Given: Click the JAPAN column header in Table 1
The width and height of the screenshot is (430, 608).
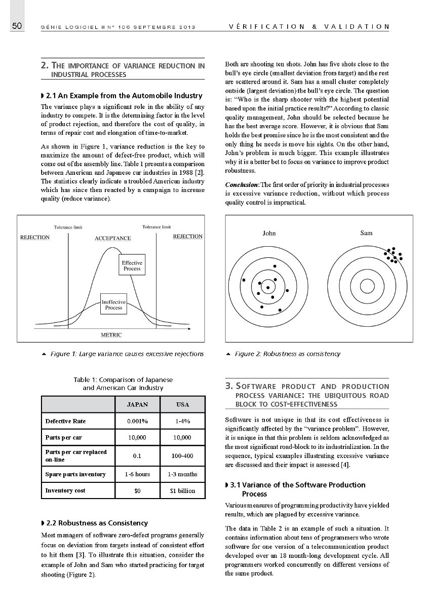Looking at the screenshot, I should pyautogui.click(x=137, y=404).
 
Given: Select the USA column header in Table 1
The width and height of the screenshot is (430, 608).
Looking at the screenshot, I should pyautogui.click(x=182, y=404).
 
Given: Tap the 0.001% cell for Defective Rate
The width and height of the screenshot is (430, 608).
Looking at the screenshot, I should pyautogui.click(x=137, y=421).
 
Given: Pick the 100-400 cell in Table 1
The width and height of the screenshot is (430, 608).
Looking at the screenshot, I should pyautogui.click(x=182, y=455).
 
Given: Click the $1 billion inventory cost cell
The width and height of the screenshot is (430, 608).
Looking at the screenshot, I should pyautogui.click(x=182, y=490).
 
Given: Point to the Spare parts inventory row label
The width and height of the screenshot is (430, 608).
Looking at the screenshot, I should pyautogui.click(x=75, y=474).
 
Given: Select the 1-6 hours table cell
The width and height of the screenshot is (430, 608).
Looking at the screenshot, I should pyautogui.click(x=137, y=474).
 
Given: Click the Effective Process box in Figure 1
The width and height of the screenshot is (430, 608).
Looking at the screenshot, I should pyautogui.click(x=132, y=265).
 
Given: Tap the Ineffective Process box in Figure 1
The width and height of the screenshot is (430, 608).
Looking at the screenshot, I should pyautogui.click(x=113, y=304).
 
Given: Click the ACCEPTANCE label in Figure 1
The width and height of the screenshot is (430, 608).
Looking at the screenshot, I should pyautogui.click(x=112, y=238).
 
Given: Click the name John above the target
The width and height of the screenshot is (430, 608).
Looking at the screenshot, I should pyautogui.click(x=269, y=233).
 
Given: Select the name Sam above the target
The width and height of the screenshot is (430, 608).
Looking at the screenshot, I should pyautogui.click(x=366, y=233).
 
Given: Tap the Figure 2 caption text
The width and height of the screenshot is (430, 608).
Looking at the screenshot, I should pyautogui.click(x=287, y=354).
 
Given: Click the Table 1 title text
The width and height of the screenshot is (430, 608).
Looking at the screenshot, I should pyautogui.click(x=123, y=383).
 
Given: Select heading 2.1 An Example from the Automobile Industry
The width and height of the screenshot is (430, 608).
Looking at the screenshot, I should pyautogui.click(x=124, y=95).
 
